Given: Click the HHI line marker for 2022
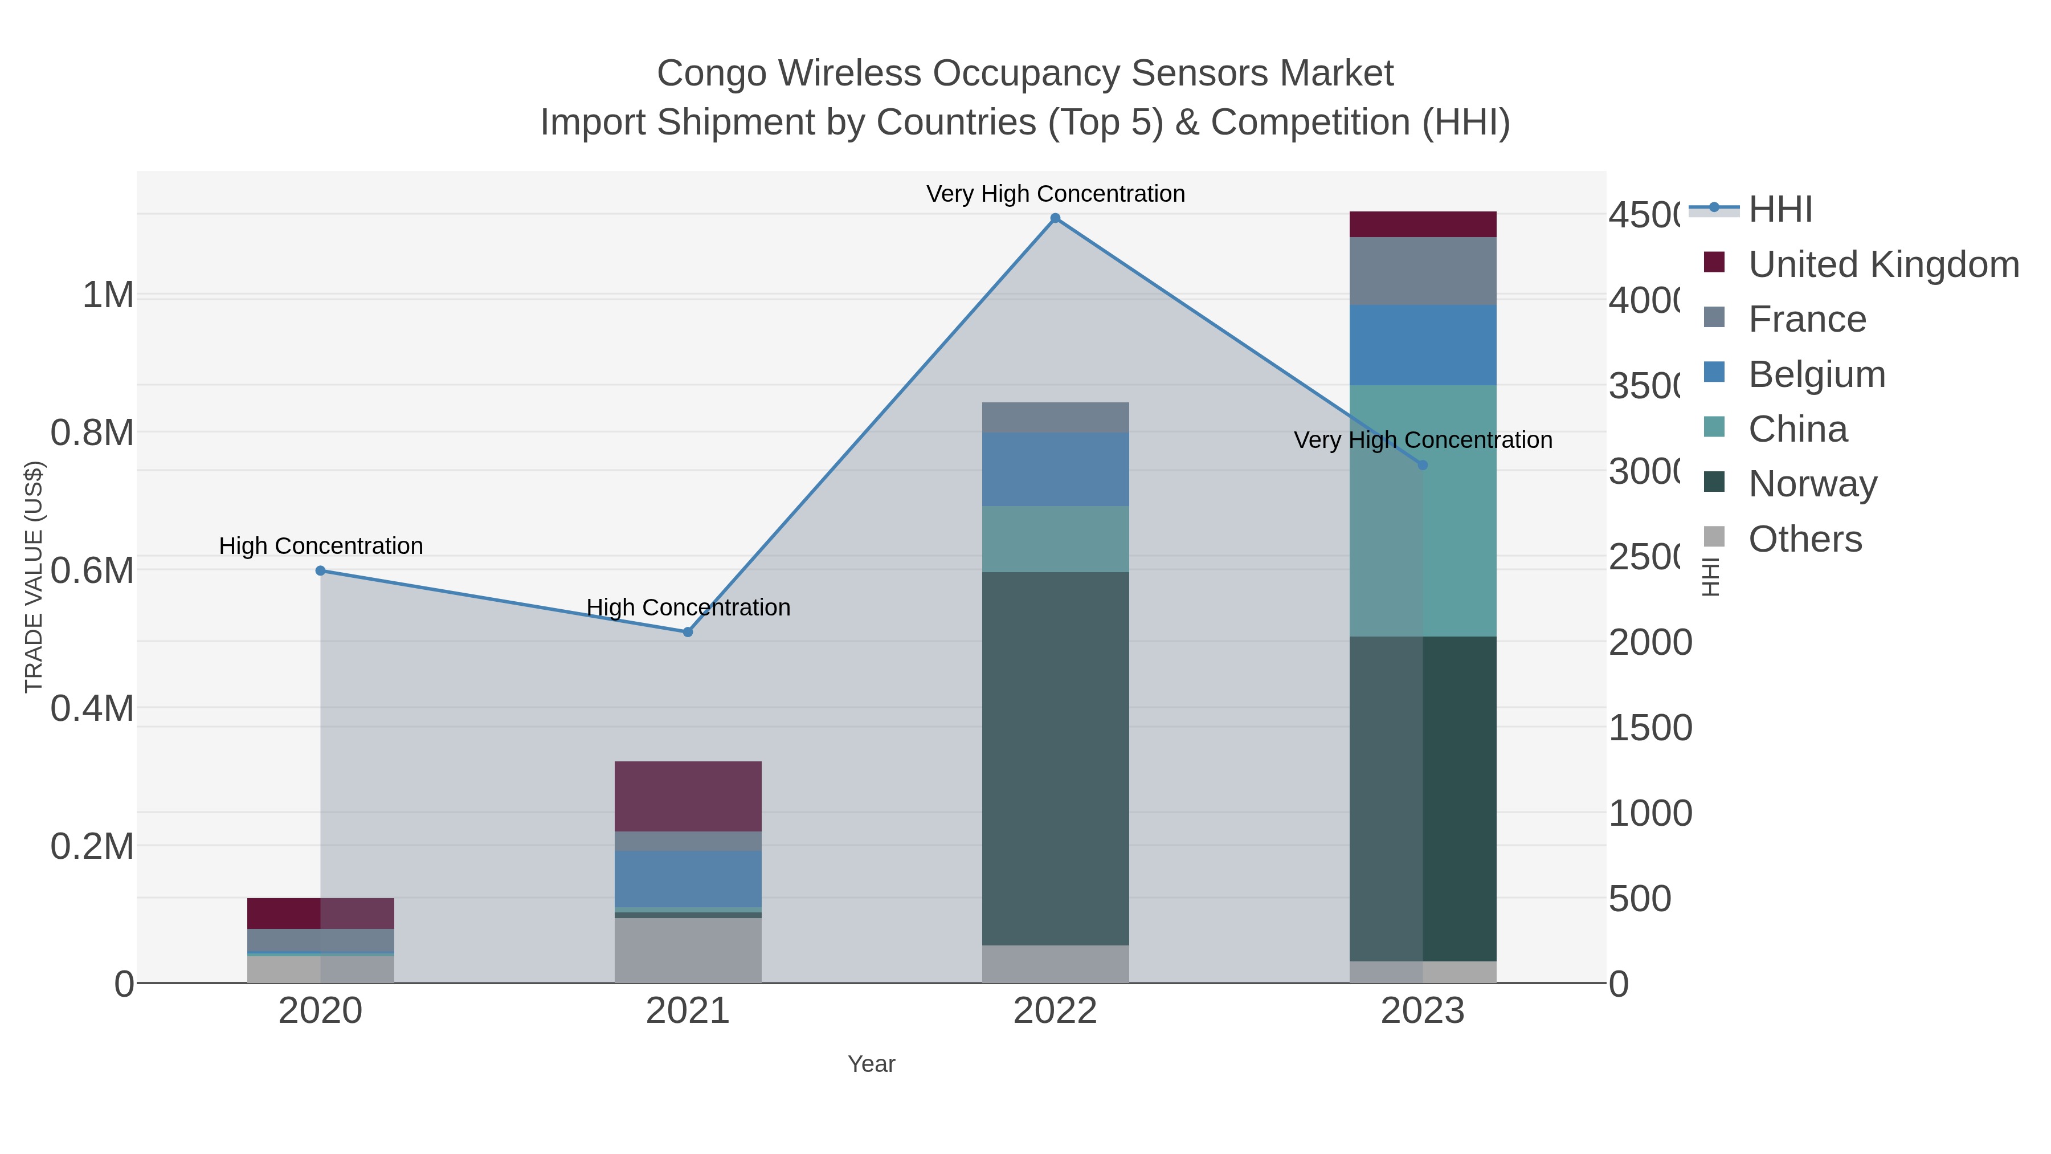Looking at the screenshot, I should point(1055,218).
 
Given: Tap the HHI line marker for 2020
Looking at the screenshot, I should point(320,570).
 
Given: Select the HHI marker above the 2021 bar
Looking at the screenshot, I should point(688,631).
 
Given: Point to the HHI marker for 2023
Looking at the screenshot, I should point(1423,465).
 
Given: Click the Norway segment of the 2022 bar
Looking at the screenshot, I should point(1055,757).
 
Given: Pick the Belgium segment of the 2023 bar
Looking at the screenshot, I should point(1423,344).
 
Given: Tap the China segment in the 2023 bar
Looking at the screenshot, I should point(1423,509).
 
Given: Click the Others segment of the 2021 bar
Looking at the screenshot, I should point(688,949).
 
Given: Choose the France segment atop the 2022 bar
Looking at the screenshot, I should point(1055,417).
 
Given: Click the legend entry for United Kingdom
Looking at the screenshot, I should point(1883,264).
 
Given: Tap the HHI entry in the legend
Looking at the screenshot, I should point(1780,210).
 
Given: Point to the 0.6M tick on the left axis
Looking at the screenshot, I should point(92,571).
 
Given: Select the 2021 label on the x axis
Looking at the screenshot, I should point(688,1012).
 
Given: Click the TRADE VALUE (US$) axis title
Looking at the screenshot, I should point(34,577).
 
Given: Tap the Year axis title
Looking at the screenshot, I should point(871,1064).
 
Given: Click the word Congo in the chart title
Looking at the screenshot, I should point(710,74).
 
